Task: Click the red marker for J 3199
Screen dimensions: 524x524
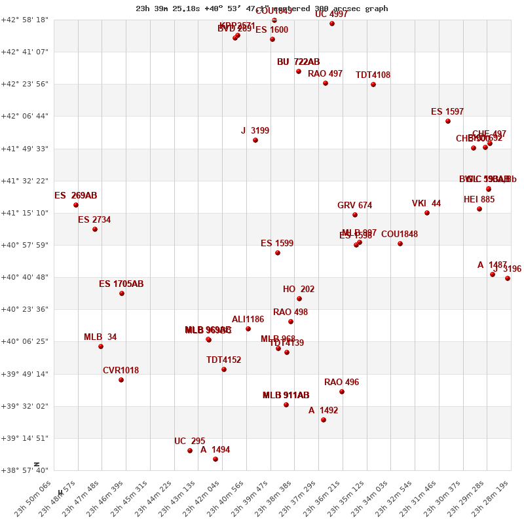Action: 255,140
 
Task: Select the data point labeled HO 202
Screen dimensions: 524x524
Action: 299,299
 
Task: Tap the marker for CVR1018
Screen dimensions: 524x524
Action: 121,380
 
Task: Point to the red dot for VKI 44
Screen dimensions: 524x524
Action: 427,213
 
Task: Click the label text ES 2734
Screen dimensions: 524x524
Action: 94,220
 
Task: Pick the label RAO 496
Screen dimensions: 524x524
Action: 341,383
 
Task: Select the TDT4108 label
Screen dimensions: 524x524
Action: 373,75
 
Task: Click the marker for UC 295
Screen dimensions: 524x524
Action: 190,451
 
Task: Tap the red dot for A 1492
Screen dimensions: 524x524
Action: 324,420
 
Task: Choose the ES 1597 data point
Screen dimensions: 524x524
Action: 448,121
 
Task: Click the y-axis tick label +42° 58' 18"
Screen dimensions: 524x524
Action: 26,20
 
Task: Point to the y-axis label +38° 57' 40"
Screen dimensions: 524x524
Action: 26,470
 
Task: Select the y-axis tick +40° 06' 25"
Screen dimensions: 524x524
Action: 26,341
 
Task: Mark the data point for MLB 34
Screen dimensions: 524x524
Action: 101,346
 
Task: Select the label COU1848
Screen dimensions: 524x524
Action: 399,234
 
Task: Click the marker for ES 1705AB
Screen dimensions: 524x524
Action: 122,293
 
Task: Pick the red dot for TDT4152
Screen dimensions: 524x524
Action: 224,369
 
